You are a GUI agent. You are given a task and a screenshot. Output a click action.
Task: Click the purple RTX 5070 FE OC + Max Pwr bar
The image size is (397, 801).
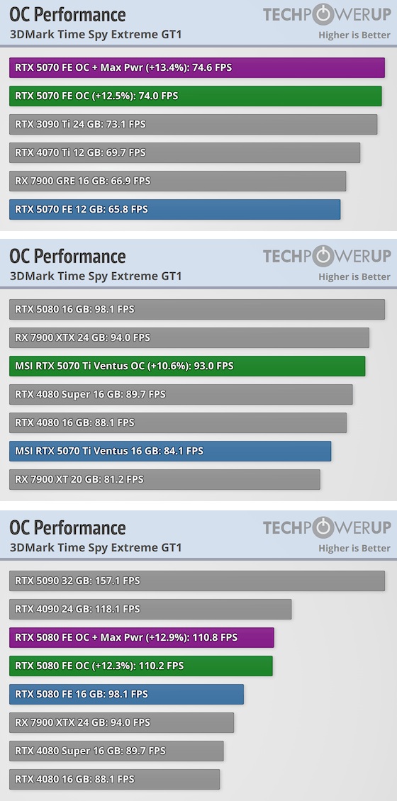tap(196, 67)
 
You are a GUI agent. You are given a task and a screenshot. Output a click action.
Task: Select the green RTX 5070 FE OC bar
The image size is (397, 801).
tap(195, 96)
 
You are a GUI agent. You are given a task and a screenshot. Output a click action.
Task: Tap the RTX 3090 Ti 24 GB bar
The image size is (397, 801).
tap(193, 124)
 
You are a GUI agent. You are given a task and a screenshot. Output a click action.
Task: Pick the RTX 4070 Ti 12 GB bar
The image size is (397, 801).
tap(184, 152)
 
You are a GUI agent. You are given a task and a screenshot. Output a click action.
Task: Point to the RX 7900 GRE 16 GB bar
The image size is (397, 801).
tap(178, 181)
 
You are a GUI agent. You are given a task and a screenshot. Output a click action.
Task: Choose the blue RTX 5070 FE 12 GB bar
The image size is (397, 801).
tap(174, 209)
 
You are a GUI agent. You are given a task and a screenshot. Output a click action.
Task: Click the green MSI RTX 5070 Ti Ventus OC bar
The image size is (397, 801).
tap(187, 366)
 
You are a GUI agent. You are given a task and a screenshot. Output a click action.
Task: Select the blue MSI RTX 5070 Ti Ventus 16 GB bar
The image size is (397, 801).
tap(170, 451)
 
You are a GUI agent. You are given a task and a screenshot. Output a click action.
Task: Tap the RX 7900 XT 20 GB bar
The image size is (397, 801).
tap(164, 480)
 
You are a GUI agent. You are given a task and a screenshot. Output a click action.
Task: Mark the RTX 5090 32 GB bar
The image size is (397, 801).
tap(196, 581)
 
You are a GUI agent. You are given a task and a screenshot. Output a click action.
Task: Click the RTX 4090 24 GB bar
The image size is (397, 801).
tap(150, 610)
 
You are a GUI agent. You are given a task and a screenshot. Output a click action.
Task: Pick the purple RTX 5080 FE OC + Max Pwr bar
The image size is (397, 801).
tap(142, 637)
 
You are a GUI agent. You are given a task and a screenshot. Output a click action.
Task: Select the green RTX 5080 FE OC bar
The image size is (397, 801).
tap(141, 666)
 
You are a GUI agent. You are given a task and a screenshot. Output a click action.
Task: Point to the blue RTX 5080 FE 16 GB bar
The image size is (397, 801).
tap(126, 694)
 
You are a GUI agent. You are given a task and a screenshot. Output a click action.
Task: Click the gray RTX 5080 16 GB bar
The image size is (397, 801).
tap(196, 310)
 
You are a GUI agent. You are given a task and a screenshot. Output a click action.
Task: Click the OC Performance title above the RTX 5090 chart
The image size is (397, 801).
tap(67, 527)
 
